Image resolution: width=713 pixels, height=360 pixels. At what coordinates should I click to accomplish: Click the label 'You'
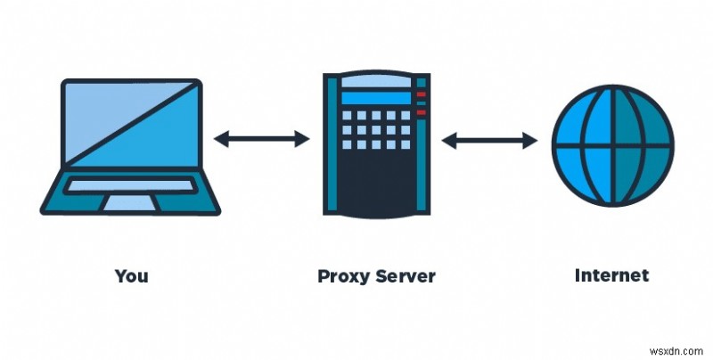[x=131, y=275]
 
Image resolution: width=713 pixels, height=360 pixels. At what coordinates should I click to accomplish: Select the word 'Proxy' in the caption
[x=343, y=275]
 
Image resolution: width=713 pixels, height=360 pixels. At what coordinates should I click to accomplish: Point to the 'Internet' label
[x=611, y=275]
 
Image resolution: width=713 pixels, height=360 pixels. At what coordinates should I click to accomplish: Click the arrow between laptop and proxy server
[x=262, y=138]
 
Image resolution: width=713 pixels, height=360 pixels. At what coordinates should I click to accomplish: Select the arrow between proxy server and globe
[x=489, y=139]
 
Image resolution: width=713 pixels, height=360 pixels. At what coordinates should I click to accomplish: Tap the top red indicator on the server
[x=422, y=94]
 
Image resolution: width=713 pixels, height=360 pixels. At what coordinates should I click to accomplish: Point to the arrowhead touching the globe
[x=533, y=139]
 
